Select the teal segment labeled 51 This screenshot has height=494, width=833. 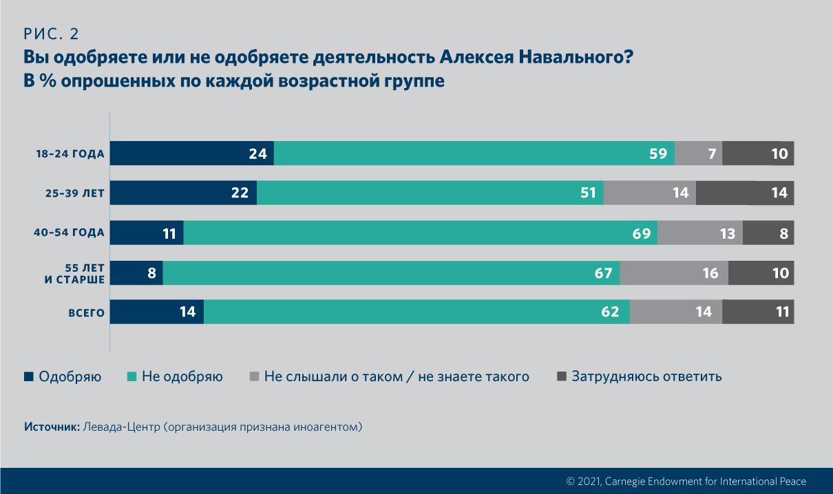(x=430, y=193)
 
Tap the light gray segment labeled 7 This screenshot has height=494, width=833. (x=698, y=153)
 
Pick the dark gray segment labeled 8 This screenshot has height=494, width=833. (x=768, y=233)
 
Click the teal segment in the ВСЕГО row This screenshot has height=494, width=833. (x=416, y=312)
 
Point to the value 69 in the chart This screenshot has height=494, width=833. (x=642, y=233)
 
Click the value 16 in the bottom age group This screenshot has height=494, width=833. (x=710, y=273)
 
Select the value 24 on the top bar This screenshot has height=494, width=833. (x=257, y=153)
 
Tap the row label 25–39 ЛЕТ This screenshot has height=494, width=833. (x=70, y=193)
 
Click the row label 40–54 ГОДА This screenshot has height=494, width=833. (x=69, y=233)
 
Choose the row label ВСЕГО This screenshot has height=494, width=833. (x=86, y=313)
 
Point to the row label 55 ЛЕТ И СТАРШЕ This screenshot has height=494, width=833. (x=76, y=273)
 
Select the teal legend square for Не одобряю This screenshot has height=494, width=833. (x=131, y=376)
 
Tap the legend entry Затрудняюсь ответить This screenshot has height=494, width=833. (x=646, y=376)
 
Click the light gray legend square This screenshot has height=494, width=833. (x=254, y=376)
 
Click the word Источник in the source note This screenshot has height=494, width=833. (x=52, y=427)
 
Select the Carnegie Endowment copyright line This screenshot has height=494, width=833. (x=686, y=482)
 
